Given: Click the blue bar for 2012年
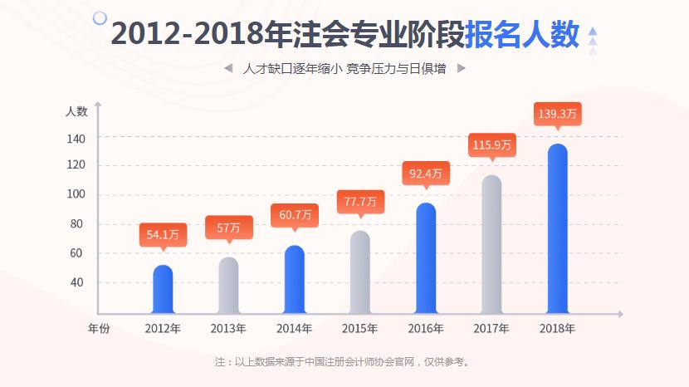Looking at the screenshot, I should click(163, 289).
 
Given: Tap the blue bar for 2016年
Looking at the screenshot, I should click(426, 258).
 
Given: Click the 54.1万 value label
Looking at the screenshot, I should click(163, 235).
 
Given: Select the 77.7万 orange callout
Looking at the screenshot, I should click(360, 201).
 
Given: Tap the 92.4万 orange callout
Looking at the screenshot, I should click(426, 174).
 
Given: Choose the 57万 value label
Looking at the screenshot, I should click(228, 227).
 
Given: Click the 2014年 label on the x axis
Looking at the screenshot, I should click(294, 328).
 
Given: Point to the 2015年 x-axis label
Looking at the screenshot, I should click(359, 328).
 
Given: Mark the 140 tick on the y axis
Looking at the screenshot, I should click(76, 137).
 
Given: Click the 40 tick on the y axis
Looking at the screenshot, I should click(76, 282).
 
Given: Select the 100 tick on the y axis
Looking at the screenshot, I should click(76, 195).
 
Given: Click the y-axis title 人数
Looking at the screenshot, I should click(76, 110).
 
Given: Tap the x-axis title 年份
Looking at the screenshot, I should click(99, 328).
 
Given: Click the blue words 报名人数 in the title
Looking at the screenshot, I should click(521, 34).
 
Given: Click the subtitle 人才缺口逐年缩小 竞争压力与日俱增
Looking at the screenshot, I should click(344, 69).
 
